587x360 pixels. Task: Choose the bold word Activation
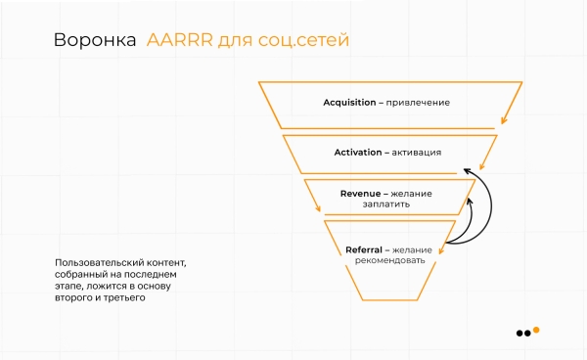coord(358,153)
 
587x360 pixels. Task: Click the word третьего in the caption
coord(136,298)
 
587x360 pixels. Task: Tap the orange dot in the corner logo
coord(535,331)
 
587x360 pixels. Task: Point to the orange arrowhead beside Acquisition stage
coord(503,123)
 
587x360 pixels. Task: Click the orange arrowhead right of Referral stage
coord(442,250)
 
